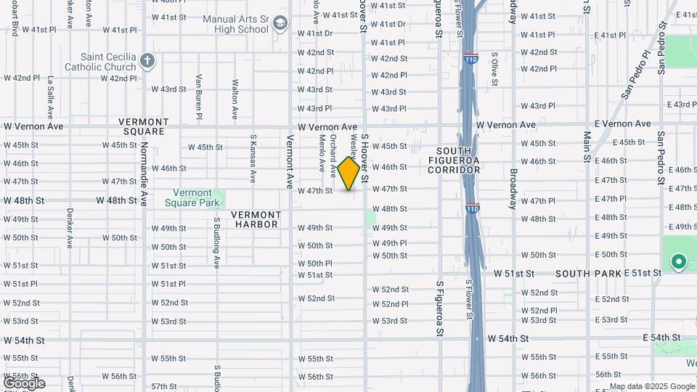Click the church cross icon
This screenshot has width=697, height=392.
tap(147, 60)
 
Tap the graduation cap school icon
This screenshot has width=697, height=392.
tap(280, 25)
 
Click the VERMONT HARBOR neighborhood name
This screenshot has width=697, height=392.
tap(256, 219)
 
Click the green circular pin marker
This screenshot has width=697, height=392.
tap(678, 262)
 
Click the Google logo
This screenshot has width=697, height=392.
tap(24, 383)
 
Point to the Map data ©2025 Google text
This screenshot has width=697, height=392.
tap(651, 387)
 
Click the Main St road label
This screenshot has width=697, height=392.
tap(587, 150)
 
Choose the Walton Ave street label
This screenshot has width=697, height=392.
tap(235, 99)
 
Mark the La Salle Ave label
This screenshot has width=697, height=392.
tap(51, 98)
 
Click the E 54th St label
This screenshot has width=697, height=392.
tap(661, 338)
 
